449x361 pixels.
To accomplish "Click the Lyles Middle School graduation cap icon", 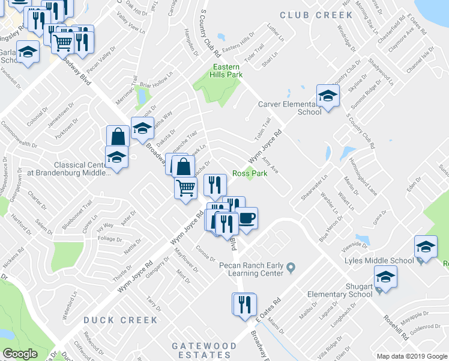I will pos(426,247).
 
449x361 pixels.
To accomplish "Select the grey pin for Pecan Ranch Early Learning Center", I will pos(291,267).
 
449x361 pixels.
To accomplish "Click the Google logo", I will pos(20,354).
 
